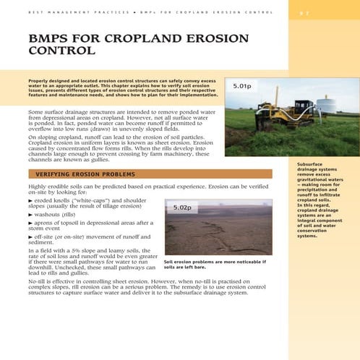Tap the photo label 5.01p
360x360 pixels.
click(241, 87)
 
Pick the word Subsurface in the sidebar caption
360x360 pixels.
click(312, 164)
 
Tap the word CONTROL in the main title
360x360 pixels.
click(61, 52)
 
